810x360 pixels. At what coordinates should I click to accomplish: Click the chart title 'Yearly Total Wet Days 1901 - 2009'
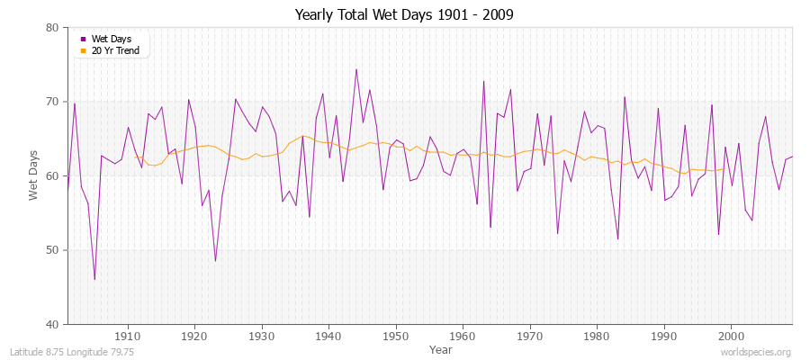[x=404, y=14]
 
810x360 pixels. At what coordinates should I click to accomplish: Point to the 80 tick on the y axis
[x=51, y=28]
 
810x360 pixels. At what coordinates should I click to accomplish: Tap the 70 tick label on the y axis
[x=51, y=102]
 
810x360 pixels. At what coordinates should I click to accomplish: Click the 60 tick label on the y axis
[x=51, y=176]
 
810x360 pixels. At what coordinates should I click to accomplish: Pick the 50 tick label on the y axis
[x=51, y=250]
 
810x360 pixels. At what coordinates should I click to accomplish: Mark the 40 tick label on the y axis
[x=51, y=324]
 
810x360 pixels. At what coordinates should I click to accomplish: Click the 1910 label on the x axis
[x=128, y=336]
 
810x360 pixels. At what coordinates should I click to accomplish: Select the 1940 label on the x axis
[x=328, y=336]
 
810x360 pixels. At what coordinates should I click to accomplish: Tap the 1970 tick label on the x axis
[x=529, y=336]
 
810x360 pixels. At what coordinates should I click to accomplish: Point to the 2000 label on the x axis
[x=730, y=336]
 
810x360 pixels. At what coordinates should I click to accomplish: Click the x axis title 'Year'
[x=441, y=348]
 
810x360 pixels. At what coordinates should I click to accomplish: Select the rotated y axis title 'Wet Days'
[x=34, y=175]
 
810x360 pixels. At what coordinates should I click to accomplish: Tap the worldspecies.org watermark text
[x=756, y=352]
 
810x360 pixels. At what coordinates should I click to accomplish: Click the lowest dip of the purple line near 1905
[x=94, y=279]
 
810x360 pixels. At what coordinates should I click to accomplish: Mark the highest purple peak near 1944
[x=355, y=69]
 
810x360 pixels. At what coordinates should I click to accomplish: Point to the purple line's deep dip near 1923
[x=215, y=261]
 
